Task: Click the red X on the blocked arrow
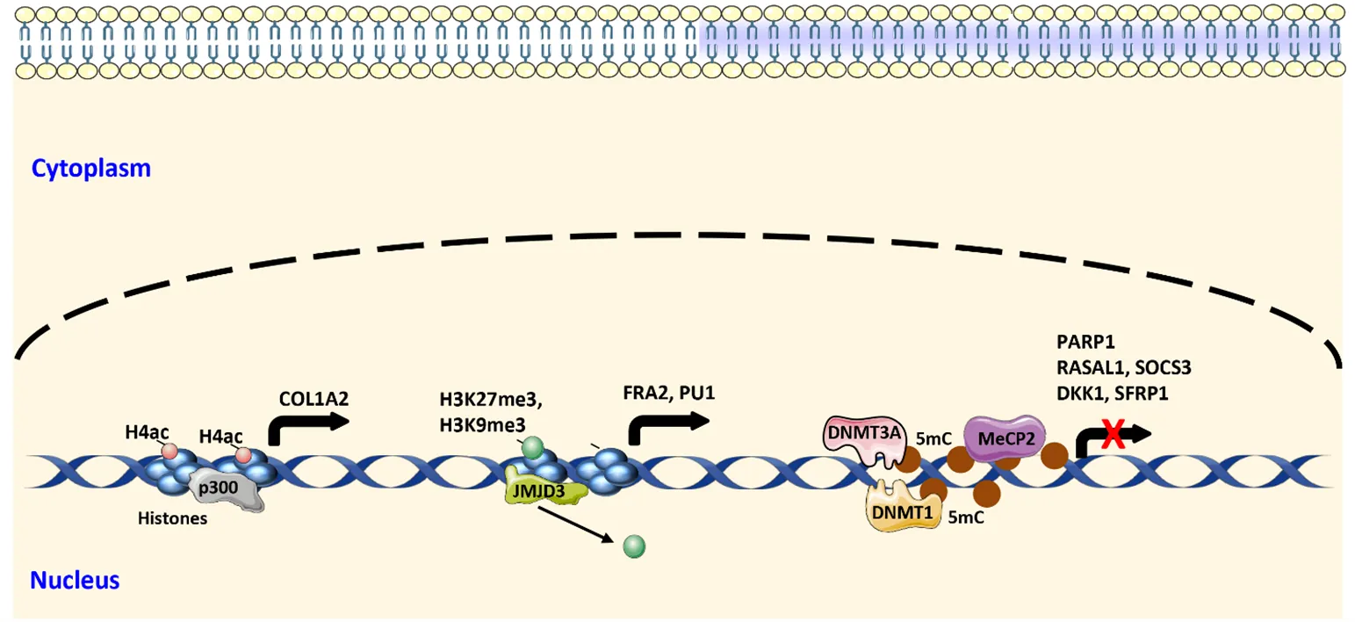tap(1113, 435)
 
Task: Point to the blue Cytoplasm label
tap(91, 169)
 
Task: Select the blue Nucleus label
tap(75, 580)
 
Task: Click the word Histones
tap(172, 518)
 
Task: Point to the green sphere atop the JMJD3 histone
tap(532, 448)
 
